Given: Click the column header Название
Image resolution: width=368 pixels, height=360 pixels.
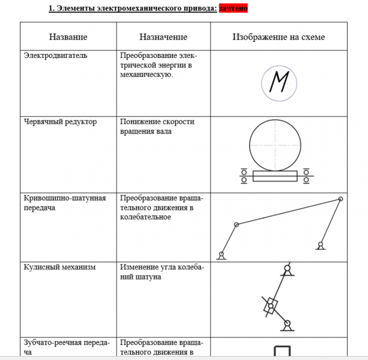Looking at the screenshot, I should pyautogui.click(x=68, y=37).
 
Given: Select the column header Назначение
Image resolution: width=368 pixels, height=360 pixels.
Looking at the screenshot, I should pyautogui.click(x=163, y=37).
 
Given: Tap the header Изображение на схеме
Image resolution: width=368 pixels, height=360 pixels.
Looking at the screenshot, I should pyautogui.click(x=278, y=37).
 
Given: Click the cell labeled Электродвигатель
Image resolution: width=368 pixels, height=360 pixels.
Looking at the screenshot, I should pyautogui.click(x=55, y=56).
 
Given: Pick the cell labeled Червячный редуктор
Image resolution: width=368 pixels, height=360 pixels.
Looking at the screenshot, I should pyautogui.click(x=60, y=122).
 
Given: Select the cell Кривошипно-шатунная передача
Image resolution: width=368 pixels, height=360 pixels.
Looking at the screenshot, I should pyautogui.click(x=65, y=203).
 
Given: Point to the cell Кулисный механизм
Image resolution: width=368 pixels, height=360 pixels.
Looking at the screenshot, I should pyautogui.click(x=60, y=267).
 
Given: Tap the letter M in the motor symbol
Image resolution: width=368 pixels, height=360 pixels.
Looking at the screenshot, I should pyautogui.click(x=279, y=83).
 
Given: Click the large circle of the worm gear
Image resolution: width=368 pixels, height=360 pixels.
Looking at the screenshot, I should pyautogui.click(x=275, y=145).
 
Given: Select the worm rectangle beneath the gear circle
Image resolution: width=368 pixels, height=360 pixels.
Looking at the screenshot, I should pyautogui.click(x=275, y=176).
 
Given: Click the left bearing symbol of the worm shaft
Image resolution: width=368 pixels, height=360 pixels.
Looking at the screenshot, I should pyautogui.click(x=244, y=176).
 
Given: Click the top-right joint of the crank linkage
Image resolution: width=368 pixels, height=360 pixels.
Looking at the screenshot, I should pyautogui.click(x=340, y=199).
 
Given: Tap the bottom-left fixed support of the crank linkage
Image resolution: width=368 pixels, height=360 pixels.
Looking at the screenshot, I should pyautogui.click(x=221, y=255).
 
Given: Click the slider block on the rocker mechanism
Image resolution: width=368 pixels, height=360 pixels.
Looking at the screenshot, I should pyautogui.click(x=271, y=305).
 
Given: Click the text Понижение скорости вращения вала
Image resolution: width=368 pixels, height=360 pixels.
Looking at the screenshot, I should pyautogui.click(x=157, y=126).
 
